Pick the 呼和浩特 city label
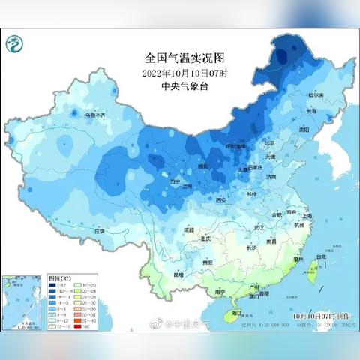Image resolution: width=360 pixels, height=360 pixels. pyautogui.click(x=237, y=146)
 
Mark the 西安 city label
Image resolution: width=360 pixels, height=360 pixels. pyautogui.click(x=220, y=200)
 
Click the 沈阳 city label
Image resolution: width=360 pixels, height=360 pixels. pyautogui.click(x=302, y=129)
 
